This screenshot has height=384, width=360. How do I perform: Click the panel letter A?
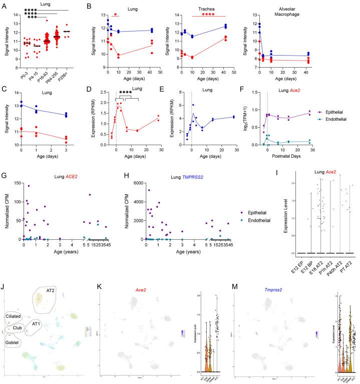(4, 5)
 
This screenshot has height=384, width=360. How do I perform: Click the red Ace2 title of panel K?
(150, 289)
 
